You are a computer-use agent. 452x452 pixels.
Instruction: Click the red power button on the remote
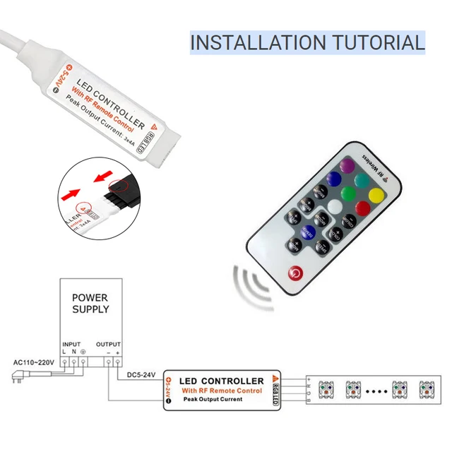tap(294, 273)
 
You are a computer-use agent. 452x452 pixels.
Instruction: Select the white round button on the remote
tap(333, 206)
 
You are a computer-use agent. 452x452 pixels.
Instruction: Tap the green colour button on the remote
tap(348, 194)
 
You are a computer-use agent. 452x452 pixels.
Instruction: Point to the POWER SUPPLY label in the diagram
tap(90, 304)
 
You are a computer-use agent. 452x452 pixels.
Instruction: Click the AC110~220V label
tap(32, 363)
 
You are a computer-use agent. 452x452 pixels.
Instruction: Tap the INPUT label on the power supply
tap(71, 344)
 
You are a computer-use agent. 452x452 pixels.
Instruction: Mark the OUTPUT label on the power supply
tap(108, 344)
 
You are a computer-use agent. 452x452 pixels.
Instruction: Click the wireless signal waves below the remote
tap(253, 286)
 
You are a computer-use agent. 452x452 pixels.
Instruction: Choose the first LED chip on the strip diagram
tap(326, 390)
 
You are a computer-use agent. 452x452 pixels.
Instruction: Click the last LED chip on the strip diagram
tap(427, 390)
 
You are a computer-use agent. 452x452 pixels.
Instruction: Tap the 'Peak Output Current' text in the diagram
tap(213, 400)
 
